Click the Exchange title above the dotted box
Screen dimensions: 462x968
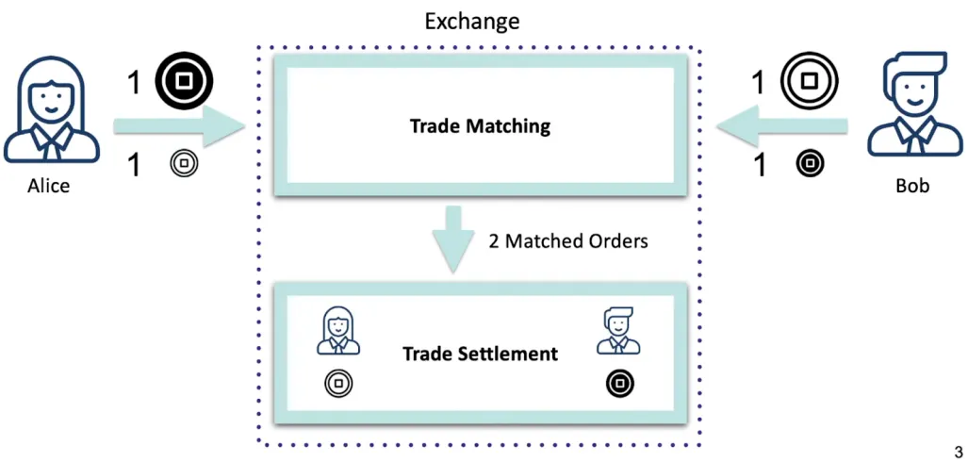click(471, 21)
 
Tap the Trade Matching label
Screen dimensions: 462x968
click(480, 125)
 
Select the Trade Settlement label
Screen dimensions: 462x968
click(480, 354)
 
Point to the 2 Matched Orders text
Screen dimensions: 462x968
click(568, 240)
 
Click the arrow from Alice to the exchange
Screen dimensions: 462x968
click(174, 126)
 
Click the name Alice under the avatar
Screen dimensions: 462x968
click(48, 186)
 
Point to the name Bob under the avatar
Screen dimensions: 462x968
click(911, 185)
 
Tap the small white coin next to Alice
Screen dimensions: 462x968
click(184, 164)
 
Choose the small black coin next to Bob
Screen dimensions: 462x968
click(809, 164)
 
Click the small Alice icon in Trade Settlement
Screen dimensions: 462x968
click(337, 331)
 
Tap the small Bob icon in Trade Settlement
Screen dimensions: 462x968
click(617, 331)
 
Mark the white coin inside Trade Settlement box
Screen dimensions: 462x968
click(337, 383)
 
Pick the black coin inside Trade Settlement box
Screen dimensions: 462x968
click(619, 383)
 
